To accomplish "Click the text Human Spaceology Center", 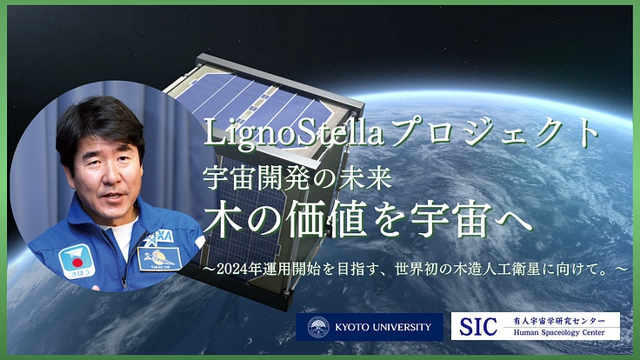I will pyautogui.click(x=561, y=334).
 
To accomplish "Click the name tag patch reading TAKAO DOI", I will pyautogui.click(x=160, y=257).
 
